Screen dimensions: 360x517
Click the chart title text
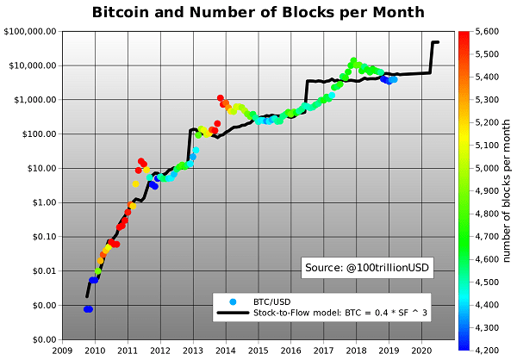point(258,12)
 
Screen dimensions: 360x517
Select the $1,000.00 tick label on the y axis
point(35,100)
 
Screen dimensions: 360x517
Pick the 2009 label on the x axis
point(62,351)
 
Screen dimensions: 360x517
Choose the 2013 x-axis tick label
point(193,351)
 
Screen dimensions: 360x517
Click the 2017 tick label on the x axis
point(324,351)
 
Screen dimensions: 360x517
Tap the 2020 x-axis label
point(422,351)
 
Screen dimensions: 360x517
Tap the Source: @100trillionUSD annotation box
point(368,269)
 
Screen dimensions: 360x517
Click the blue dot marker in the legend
point(234,301)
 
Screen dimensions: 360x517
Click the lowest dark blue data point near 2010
point(88,309)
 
